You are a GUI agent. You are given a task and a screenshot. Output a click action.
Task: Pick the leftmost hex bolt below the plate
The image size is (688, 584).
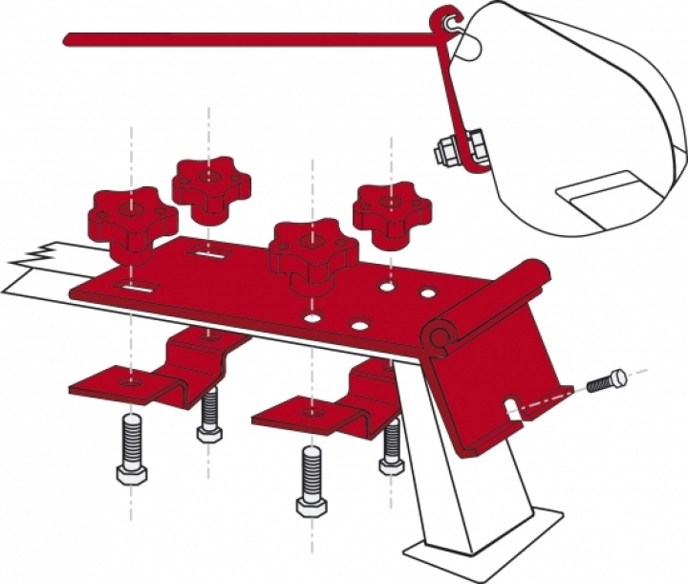tap(130, 449)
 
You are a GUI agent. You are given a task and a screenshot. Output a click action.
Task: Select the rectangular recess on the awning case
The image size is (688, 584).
tap(602, 196)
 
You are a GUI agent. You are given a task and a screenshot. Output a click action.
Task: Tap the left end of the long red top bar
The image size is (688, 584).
tap(69, 39)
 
